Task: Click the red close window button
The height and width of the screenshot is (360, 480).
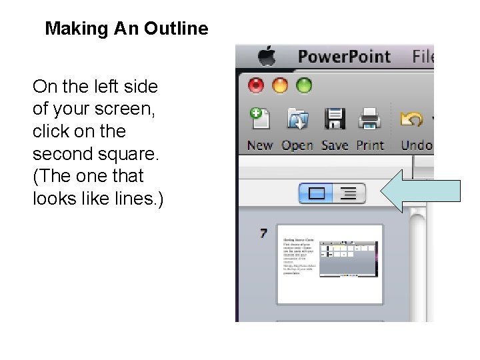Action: tap(257, 85)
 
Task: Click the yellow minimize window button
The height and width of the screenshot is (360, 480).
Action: tap(281, 85)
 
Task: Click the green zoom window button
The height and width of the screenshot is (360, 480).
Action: tap(304, 85)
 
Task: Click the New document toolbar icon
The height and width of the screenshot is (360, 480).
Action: tap(259, 119)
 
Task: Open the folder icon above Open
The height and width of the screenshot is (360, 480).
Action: tap(297, 119)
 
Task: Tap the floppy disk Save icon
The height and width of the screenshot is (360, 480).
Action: tap(335, 119)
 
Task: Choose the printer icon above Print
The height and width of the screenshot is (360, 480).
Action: tap(369, 119)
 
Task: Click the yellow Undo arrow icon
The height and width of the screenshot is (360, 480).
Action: tap(412, 119)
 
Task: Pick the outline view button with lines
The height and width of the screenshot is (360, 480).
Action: tap(348, 194)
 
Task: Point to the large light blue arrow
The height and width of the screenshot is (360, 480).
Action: tap(420, 191)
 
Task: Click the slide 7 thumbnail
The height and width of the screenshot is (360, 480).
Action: tap(331, 264)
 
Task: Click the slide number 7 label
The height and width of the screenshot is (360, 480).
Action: tap(263, 233)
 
